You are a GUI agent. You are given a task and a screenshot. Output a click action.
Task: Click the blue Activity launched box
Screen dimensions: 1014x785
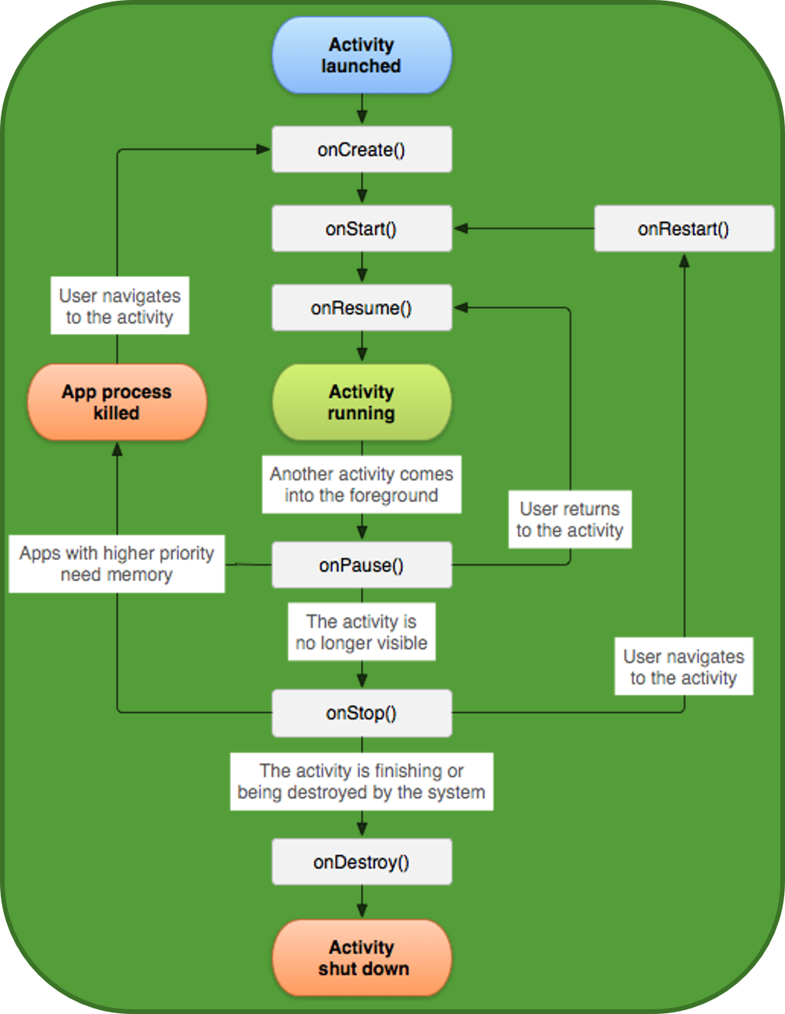point(361,55)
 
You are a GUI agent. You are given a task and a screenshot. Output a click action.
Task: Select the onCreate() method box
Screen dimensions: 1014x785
point(361,150)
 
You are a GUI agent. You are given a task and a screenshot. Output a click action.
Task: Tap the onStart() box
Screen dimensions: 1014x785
point(361,229)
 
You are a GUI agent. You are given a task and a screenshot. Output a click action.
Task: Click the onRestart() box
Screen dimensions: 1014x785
point(684,229)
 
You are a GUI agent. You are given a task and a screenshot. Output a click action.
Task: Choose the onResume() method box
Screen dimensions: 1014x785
point(361,308)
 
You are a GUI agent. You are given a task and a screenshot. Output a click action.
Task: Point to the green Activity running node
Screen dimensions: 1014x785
point(361,402)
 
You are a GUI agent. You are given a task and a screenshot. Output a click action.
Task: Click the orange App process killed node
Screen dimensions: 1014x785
point(117,402)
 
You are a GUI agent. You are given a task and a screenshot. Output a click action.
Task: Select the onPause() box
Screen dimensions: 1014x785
point(361,565)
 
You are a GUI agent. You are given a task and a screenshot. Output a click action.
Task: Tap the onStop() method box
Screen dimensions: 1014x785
point(361,713)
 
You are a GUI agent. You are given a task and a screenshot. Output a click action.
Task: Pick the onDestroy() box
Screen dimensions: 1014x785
point(361,862)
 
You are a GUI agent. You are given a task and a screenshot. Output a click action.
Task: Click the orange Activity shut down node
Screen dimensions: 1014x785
point(361,958)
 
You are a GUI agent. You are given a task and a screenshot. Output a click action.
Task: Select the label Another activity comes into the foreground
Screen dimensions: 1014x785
point(361,484)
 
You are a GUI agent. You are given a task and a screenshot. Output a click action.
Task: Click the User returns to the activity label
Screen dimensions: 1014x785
point(570,519)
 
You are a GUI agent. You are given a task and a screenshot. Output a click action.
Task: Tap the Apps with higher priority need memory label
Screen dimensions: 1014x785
point(117,564)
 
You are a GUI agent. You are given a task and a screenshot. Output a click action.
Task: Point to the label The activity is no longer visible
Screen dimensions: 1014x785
point(361,632)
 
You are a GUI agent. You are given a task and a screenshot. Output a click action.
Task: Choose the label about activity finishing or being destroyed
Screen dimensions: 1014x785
point(361,782)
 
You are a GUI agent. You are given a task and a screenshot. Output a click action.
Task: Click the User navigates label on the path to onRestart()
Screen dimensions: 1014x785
point(684,667)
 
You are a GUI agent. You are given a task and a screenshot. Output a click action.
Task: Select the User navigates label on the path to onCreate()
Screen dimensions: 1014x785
point(120,306)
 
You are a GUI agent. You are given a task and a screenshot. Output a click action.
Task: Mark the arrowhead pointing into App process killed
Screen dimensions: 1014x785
point(117,449)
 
